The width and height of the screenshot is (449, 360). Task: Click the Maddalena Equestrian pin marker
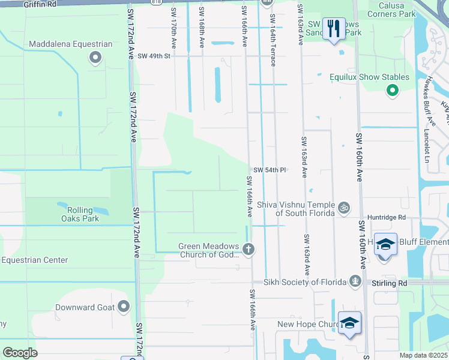(95, 57)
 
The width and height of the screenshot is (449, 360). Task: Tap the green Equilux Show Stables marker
(392, 91)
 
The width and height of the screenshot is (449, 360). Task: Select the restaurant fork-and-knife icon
(333, 27)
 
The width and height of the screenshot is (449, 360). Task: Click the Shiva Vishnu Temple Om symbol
(343, 208)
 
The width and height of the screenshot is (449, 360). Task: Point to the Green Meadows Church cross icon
(249, 248)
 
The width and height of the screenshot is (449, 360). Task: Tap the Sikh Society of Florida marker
(356, 281)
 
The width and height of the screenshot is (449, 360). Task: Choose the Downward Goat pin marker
(124, 307)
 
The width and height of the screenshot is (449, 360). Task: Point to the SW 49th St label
(154, 56)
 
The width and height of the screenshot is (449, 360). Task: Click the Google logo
(20, 353)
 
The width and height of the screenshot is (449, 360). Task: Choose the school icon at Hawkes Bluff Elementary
(385, 245)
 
